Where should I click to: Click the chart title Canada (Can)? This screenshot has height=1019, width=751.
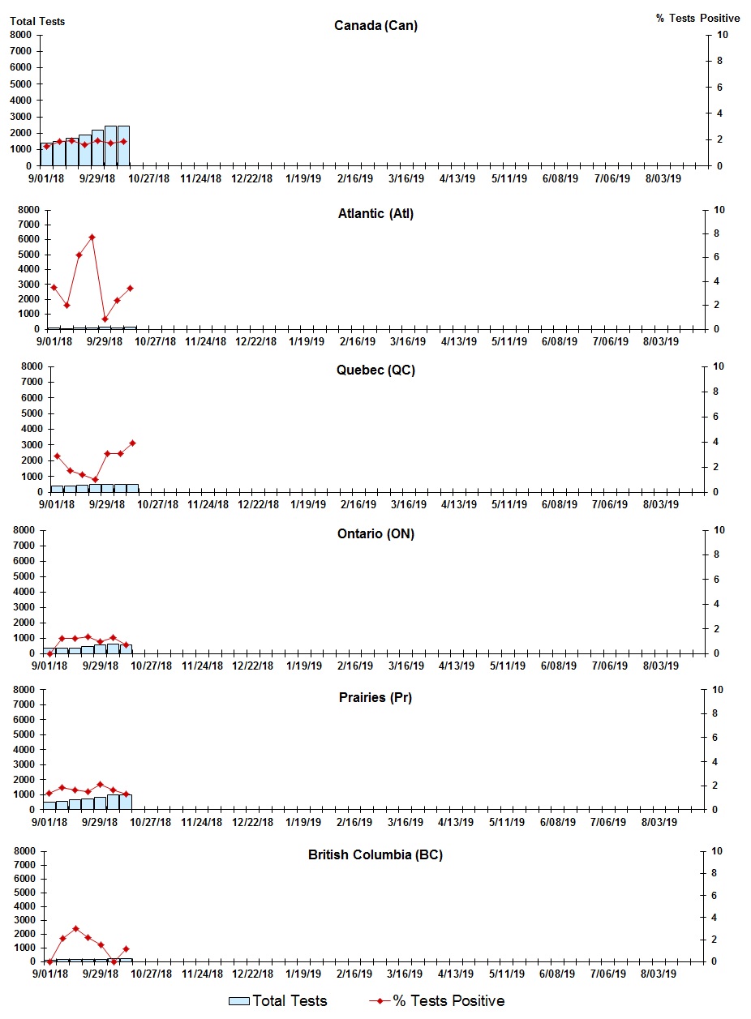(375, 26)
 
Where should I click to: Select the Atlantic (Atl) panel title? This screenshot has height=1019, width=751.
(375, 214)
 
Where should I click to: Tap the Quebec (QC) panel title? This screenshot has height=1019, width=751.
(375, 370)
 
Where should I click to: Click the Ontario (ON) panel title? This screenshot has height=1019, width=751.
(375, 534)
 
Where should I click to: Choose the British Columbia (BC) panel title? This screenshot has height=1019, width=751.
(375, 855)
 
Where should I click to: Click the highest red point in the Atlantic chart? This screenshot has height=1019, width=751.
(92, 238)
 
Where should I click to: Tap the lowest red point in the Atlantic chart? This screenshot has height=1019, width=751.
(105, 319)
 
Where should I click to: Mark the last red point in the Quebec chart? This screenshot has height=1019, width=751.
(132, 443)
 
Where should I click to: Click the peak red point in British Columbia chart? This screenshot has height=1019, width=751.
(75, 929)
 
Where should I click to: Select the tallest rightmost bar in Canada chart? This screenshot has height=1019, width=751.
(123, 146)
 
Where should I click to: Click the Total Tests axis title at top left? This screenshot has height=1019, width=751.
(37, 21)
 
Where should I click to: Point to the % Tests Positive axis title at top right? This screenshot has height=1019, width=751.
(697, 18)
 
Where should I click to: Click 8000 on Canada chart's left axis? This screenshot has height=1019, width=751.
(21, 35)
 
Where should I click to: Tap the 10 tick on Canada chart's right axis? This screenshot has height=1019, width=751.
(723, 35)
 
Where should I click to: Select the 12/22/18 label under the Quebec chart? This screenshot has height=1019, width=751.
(257, 504)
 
